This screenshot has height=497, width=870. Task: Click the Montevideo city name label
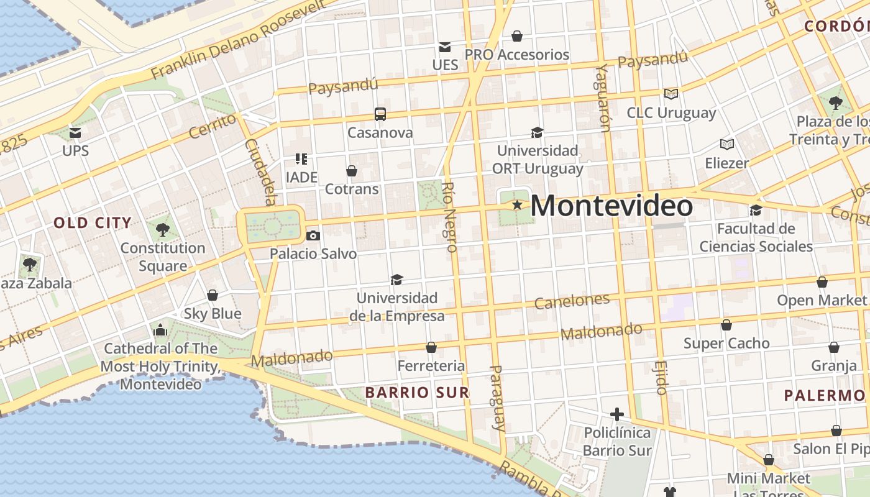611,206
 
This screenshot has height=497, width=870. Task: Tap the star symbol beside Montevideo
516,204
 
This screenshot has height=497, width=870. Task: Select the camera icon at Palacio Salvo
313,235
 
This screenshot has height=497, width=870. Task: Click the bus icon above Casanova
380,114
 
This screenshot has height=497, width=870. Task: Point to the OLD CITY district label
93,223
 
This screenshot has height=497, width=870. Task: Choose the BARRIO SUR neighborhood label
417,393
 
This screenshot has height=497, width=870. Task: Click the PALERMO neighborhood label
824,396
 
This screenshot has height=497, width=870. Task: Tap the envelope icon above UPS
75,132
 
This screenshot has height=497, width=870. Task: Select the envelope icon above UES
445,47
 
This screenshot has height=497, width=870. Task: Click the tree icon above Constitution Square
162,230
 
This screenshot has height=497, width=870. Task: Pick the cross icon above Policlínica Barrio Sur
616,414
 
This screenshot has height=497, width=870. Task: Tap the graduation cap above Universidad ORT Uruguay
537,132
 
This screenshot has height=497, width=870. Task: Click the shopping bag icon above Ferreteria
431,347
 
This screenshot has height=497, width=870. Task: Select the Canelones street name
572,302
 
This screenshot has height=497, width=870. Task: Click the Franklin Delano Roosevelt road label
239,40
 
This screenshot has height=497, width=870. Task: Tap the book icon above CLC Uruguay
671,94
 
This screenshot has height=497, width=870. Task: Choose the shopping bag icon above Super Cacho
726,325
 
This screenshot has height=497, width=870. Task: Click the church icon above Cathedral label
160,330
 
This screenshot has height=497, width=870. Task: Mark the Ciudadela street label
260,171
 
